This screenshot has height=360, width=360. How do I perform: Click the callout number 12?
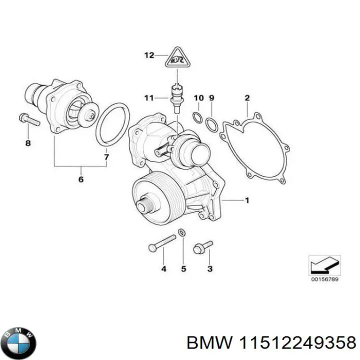coord(148,55)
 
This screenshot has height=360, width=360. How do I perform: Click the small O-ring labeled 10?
coord(198,118)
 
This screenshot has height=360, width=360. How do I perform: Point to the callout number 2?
coord(247,97)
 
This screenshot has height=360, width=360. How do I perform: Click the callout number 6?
coord(81,179)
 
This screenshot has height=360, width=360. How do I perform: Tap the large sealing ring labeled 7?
coord(111,125)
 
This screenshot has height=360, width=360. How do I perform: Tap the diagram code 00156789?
coord(325,279)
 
